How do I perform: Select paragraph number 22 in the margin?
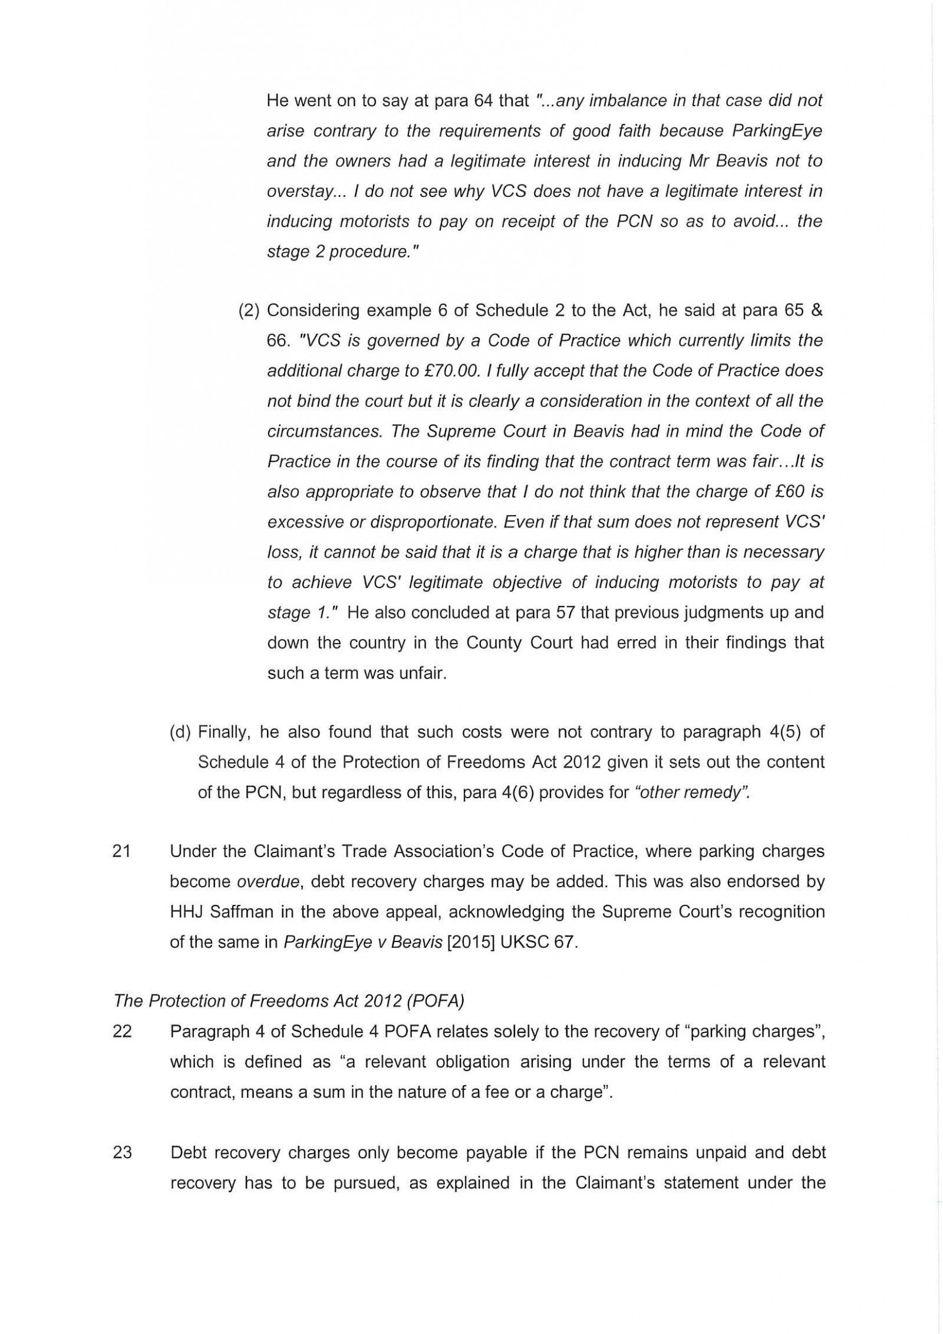click(121, 1032)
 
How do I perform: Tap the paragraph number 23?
click(121, 1152)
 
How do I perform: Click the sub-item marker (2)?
click(249, 311)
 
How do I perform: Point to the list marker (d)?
click(180, 732)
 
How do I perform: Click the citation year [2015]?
click(471, 942)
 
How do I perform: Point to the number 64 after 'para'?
click(483, 101)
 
